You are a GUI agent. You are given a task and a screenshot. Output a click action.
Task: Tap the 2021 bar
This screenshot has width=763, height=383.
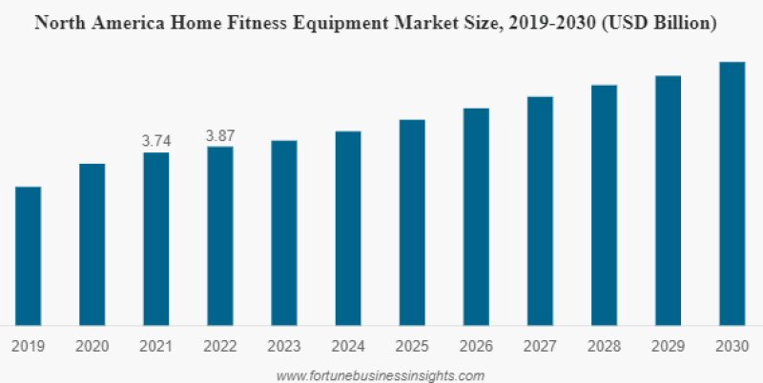coord(155,238)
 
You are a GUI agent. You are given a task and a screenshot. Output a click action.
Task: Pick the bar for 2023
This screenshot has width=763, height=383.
coord(283,232)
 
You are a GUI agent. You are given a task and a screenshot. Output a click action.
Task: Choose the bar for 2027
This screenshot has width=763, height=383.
coord(540,211)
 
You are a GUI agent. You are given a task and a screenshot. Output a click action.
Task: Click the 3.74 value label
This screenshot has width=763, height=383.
coord(155,140)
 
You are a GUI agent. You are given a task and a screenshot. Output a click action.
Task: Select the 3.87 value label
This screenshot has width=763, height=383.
coord(219,135)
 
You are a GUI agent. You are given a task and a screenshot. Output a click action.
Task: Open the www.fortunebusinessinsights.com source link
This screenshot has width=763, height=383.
coord(380,374)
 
